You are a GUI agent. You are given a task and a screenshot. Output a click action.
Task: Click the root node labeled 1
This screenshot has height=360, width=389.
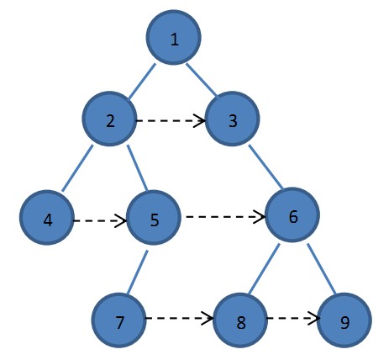174,39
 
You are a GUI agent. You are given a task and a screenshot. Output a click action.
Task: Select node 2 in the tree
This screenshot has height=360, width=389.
110,120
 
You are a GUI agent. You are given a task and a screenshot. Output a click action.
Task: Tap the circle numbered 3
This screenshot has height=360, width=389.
232,120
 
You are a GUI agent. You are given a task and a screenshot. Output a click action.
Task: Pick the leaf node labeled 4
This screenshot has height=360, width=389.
47,220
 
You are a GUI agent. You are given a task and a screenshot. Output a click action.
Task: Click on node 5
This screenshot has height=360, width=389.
154,220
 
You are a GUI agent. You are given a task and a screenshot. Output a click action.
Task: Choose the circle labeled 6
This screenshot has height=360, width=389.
292,216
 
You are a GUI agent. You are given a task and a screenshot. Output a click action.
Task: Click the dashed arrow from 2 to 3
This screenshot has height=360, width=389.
171,121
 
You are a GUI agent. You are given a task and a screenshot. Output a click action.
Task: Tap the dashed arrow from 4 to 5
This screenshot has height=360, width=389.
100,221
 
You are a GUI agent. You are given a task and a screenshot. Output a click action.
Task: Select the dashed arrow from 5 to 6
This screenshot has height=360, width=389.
223,217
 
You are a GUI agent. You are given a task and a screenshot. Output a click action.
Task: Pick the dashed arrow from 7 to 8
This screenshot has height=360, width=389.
179,320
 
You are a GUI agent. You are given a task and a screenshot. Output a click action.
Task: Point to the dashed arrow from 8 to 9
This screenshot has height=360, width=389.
294,320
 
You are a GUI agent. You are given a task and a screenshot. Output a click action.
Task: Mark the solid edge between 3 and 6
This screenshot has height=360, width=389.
265,172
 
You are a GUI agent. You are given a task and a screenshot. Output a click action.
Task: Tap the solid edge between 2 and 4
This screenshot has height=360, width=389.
80,169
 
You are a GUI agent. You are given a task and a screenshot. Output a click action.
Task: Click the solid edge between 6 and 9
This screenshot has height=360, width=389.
320,268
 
